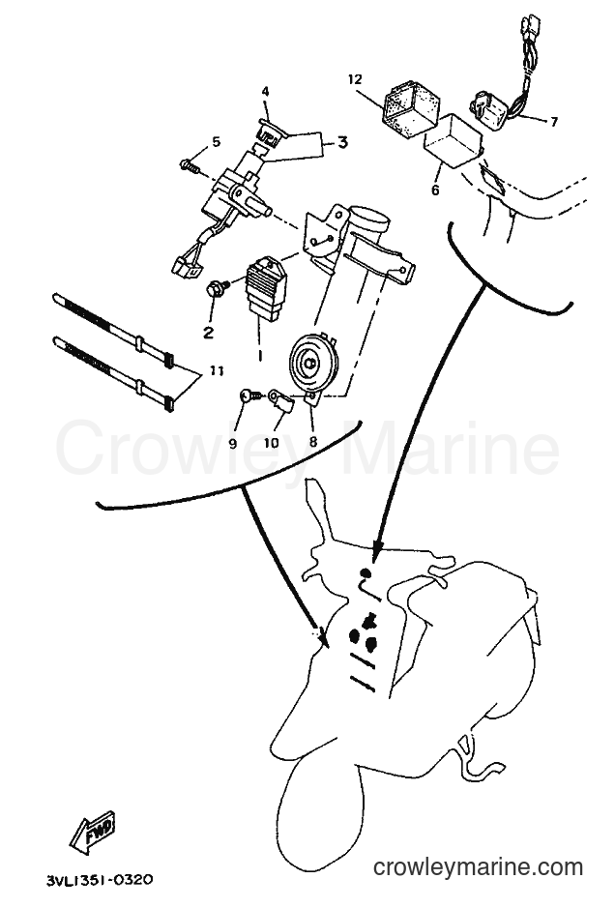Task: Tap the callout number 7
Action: coord(554,122)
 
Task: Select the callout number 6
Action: coord(435,190)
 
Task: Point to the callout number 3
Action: coord(343,142)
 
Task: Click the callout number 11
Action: coord(216,370)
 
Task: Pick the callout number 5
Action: coord(216,141)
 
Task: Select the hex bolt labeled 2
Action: coord(216,288)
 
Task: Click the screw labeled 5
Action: coord(190,165)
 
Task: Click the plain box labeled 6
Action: coord(453,139)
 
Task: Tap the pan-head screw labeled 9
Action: coord(249,396)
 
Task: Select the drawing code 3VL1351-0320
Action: coord(100,880)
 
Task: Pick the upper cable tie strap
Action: coord(112,329)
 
